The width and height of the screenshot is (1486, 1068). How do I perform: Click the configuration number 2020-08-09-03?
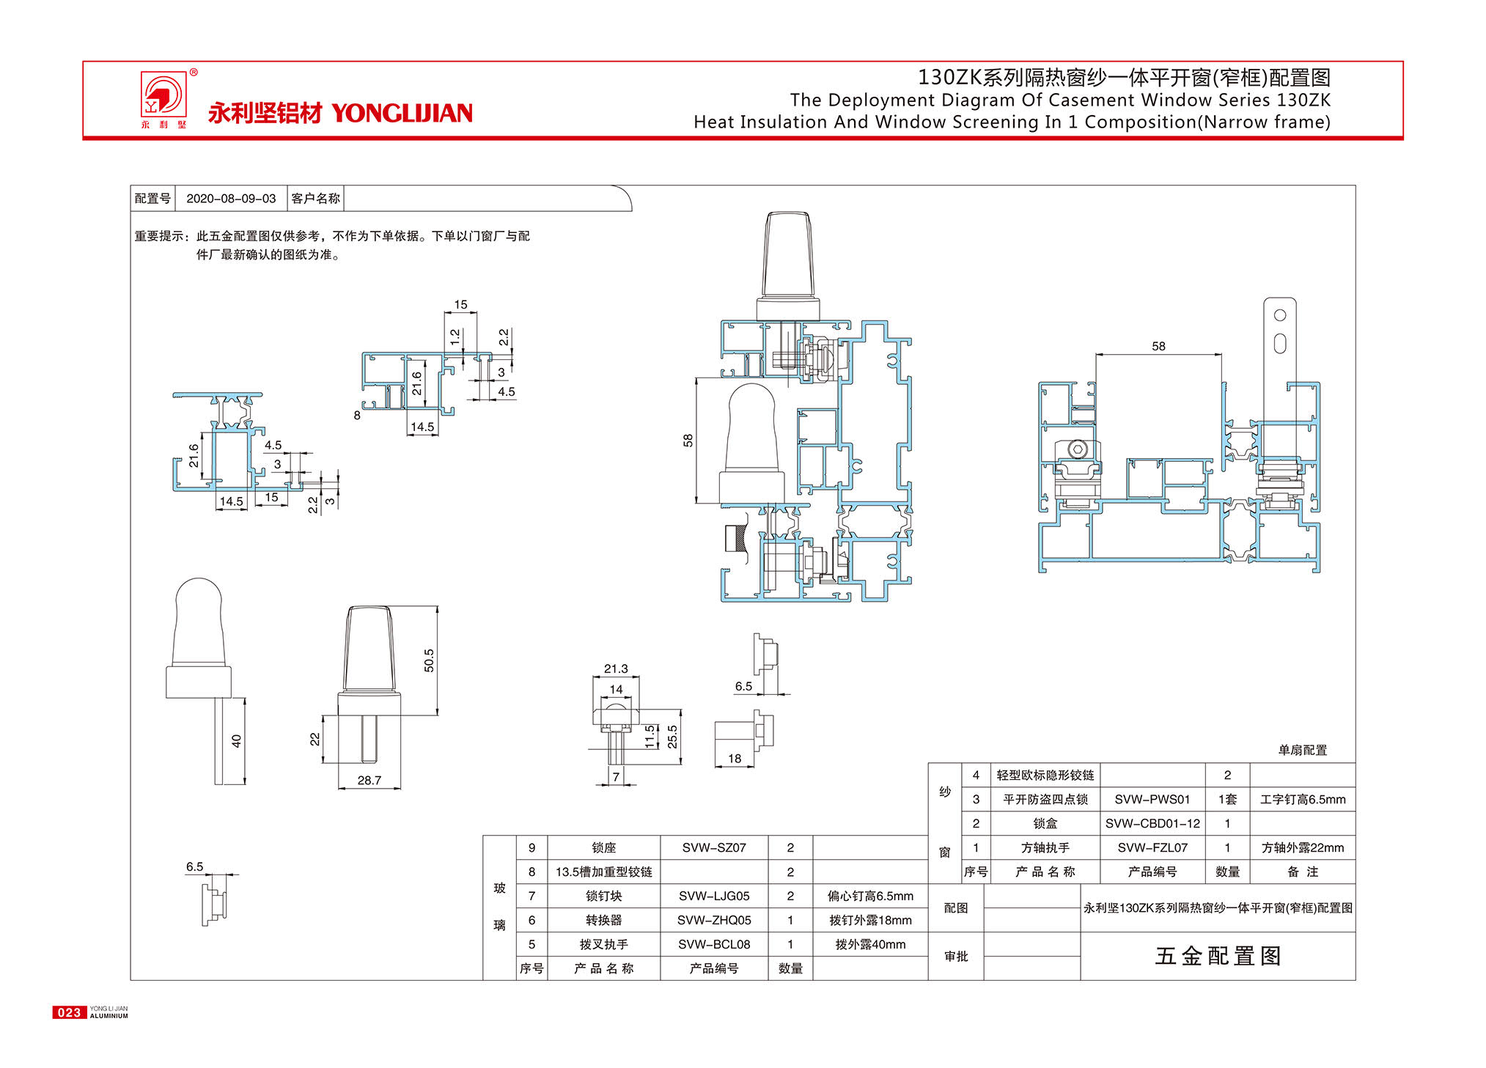(x=231, y=199)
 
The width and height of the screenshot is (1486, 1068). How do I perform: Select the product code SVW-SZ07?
(x=714, y=847)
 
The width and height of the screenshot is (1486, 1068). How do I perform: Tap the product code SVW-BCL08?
(x=714, y=944)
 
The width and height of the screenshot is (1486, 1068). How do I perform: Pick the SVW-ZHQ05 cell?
(x=714, y=920)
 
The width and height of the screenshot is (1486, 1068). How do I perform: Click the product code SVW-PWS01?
(x=1152, y=799)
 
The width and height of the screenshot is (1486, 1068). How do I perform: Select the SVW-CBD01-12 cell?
(x=1152, y=823)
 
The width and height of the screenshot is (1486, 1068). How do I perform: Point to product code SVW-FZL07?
(x=1152, y=847)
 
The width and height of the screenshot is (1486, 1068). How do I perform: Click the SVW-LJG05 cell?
(x=714, y=896)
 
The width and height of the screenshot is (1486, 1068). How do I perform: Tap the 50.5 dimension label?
(x=429, y=660)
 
